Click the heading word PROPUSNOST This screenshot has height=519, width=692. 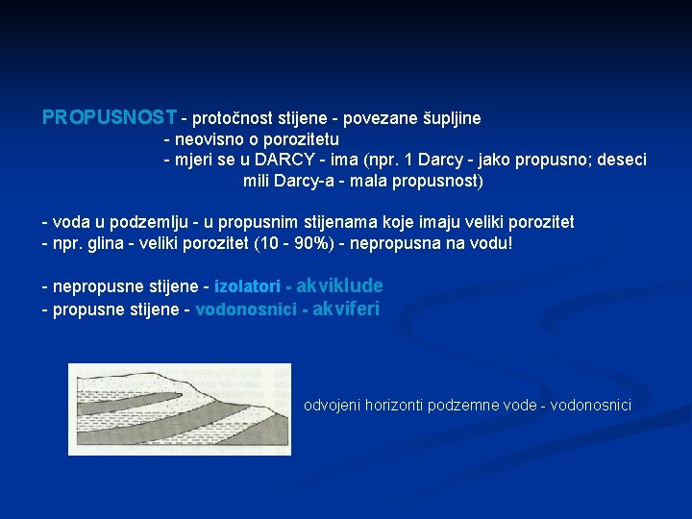pos(110,118)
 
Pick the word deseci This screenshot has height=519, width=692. pos(624,160)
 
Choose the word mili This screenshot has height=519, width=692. pos(257,180)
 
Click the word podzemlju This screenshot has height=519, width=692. pos(124,222)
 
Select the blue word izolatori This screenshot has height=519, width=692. pos(247,286)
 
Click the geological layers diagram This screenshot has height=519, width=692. pos(180,408)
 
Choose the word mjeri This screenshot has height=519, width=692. pos(192,160)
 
